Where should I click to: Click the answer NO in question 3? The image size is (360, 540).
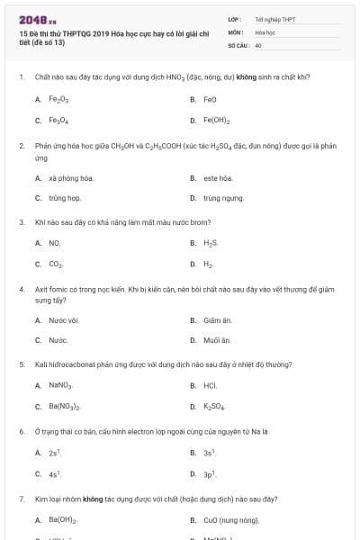pyautogui.click(x=55, y=243)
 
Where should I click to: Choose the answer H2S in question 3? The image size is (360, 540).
pyautogui.click(x=211, y=243)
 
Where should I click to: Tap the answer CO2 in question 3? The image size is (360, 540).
pyautogui.click(x=56, y=264)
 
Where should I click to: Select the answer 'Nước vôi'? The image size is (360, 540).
pyautogui.click(x=64, y=320)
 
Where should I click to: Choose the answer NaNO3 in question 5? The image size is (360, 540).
pyautogui.click(x=60, y=385)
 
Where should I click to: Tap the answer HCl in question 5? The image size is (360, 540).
pyautogui.click(x=211, y=385)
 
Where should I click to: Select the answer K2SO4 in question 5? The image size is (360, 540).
pyautogui.click(x=215, y=406)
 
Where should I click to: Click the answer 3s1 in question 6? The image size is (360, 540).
pyautogui.click(x=209, y=453)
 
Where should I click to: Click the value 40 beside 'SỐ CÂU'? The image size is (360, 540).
pyautogui.click(x=258, y=44)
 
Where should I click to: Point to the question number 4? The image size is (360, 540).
pyautogui.click(x=21, y=290)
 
